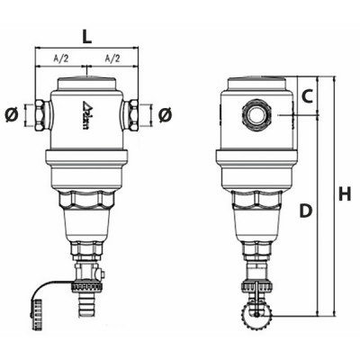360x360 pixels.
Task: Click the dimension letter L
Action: point(86,38)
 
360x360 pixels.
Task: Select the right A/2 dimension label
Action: point(112,58)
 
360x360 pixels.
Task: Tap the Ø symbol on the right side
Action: point(165,115)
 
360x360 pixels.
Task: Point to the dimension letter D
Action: point(306,210)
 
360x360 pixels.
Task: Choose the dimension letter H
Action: point(344,193)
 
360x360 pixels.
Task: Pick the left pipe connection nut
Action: point(41,115)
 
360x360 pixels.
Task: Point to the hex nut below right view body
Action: point(256,201)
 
